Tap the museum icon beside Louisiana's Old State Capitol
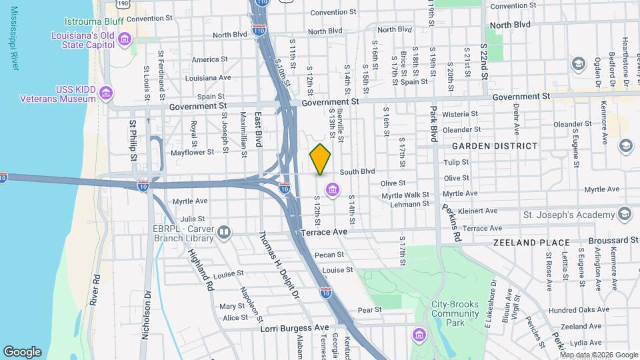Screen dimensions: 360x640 point(123,41)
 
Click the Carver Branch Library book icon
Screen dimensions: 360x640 point(223,232)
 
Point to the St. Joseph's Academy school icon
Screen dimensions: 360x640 point(624,215)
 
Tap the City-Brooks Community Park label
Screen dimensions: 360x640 point(455,313)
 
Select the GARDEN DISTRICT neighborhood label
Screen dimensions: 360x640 point(494,146)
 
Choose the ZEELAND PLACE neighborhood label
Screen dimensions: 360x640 point(531,243)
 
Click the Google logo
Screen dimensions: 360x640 point(22,351)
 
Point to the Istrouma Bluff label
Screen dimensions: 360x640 point(94,21)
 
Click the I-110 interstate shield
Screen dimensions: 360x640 point(259,30)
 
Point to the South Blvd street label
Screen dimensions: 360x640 point(358,171)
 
